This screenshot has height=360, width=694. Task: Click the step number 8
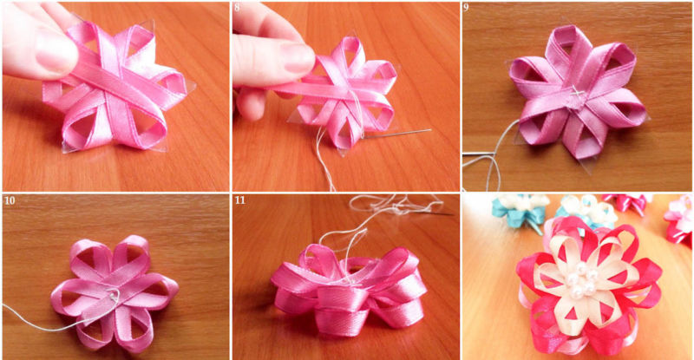(x=237, y=8)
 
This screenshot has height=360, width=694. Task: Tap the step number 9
(x=467, y=8)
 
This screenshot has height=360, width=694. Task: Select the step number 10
(x=10, y=200)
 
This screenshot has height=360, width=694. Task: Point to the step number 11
(x=239, y=200)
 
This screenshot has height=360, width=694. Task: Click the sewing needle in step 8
(x=397, y=134)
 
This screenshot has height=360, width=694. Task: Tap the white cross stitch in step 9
(x=576, y=92)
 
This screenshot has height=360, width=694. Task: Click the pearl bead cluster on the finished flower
(x=580, y=281)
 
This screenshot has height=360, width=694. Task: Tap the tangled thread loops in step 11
(x=396, y=204)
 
